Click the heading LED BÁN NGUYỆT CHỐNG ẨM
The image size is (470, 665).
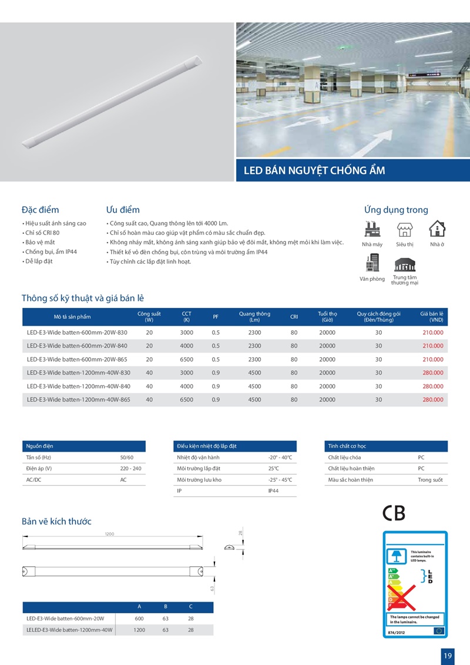(314, 170)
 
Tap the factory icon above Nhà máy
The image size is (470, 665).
(372, 229)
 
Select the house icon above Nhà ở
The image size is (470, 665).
(437, 229)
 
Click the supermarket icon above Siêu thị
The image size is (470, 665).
(404, 229)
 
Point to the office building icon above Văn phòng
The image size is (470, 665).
(372, 263)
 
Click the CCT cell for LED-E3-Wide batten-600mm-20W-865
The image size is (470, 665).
(186, 359)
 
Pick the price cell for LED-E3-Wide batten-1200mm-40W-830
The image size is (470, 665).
(432, 372)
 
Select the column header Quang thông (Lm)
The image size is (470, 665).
(254, 317)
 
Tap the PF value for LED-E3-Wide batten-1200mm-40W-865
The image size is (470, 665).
(216, 399)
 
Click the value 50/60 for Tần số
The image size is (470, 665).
(126, 457)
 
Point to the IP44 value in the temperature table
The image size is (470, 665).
(273, 491)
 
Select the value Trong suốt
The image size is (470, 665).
(430, 480)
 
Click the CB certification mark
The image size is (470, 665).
(394, 513)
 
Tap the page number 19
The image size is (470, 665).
(448, 655)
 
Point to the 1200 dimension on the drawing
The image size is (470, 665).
(109, 533)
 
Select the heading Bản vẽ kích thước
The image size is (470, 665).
(56, 521)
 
